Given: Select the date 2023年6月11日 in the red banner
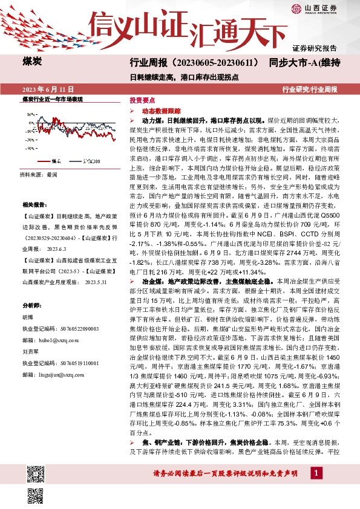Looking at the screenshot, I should click(44, 89).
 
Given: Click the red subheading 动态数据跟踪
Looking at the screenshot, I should click(162, 111).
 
